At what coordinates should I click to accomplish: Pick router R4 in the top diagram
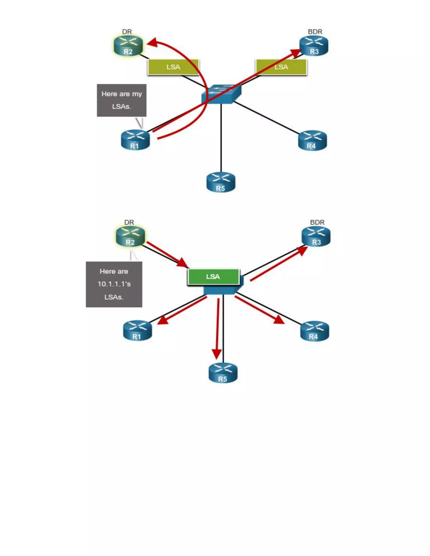(x=312, y=140)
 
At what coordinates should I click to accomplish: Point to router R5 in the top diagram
(x=221, y=182)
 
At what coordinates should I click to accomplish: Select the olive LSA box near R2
(x=173, y=67)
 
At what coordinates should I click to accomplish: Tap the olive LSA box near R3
(x=281, y=67)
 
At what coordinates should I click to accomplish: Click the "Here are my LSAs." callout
(x=122, y=100)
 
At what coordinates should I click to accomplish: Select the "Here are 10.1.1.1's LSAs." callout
(x=114, y=284)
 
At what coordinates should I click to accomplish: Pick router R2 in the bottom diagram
(x=130, y=237)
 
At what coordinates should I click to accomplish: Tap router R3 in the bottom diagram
(x=316, y=237)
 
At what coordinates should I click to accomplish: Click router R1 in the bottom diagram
(x=137, y=331)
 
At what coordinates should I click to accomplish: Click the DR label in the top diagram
(x=127, y=32)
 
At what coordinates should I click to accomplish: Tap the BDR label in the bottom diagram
(x=317, y=222)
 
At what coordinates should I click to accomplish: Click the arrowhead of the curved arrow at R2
(x=152, y=42)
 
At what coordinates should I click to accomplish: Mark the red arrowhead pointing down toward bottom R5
(x=217, y=354)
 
